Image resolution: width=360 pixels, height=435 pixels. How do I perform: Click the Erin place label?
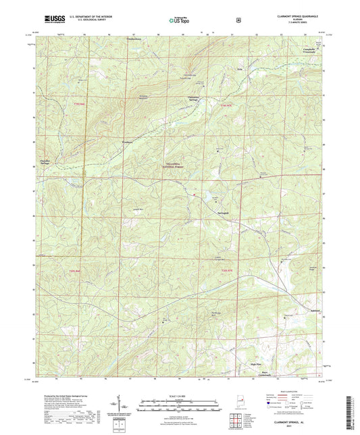click(237, 68)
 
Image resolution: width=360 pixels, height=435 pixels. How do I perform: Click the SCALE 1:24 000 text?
click(180, 396)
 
